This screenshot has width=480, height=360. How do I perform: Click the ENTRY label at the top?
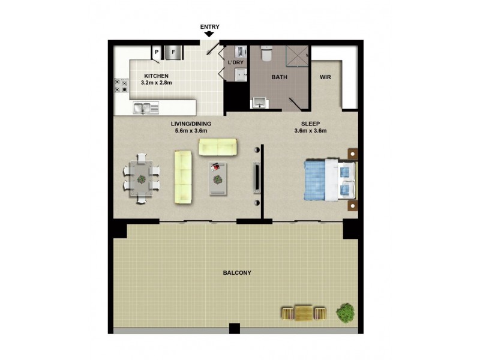click(210, 26)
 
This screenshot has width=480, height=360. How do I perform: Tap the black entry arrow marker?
click(210, 35)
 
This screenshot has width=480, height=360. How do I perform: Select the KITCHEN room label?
click(157, 76)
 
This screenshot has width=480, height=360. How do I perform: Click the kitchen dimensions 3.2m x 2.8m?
click(157, 83)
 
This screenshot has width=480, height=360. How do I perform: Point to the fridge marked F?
click(174, 52)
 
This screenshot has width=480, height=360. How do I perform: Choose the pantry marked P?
click(157, 52)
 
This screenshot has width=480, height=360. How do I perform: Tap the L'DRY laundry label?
click(235, 62)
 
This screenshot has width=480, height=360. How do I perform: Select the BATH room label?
click(279, 77)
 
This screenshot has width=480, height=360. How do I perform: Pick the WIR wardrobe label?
click(326, 77)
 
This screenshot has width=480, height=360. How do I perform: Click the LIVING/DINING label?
click(190, 124)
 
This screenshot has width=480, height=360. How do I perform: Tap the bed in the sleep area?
click(329, 179)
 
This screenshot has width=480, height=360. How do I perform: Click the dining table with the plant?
click(142, 179)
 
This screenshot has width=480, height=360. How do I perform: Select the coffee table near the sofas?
click(218, 178)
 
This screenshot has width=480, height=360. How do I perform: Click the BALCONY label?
click(237, 273)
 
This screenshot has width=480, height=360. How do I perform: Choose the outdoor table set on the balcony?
click(303, 312)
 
